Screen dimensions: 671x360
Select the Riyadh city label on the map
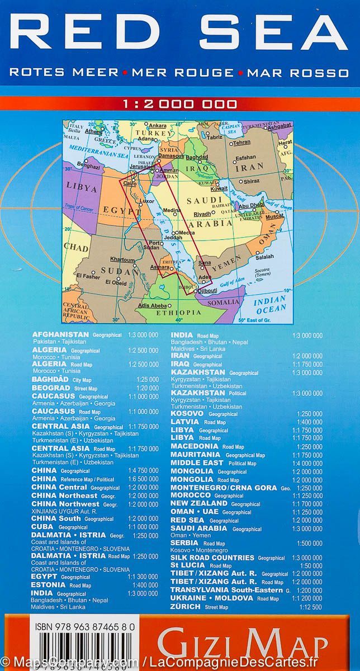(x=202, y=214)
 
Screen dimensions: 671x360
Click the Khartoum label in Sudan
(x=122, y=260)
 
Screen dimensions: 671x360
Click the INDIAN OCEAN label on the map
(x=270, y=305)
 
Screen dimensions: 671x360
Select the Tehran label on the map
(x=241, y=143)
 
